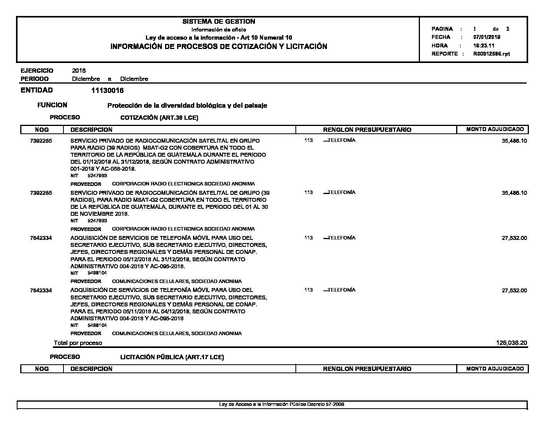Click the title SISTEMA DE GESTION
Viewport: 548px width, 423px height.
(x=219, y=21)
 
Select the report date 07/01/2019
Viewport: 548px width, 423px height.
(x=487, y=37)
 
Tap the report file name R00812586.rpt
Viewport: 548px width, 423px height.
(x=491, y=54)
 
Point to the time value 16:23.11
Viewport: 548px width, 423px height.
(x=484, y=45)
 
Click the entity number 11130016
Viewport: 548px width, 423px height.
(x=107, y=91)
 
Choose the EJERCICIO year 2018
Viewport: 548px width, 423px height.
(x=79, y=70)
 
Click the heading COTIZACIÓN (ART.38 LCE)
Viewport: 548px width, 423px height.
(x=159, y=118)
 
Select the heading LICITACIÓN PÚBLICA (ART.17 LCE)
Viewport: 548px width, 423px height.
(x=172, y=357)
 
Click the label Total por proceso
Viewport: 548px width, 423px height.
(x=78, y=343)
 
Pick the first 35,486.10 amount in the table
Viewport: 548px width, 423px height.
(x=514, y=141)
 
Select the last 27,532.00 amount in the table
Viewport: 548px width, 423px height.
(x=514, y=290)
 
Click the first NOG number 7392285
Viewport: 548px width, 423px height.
(x=41, y=141)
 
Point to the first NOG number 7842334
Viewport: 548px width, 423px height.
(x=41, y=238)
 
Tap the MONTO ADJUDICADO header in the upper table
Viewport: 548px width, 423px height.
(x=495, y=129)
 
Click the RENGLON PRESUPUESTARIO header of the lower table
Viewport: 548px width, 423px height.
(x=367, y=369)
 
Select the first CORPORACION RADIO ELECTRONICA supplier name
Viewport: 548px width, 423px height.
(x=183, y=184)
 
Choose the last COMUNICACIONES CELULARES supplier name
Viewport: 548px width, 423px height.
(x=176, y=334)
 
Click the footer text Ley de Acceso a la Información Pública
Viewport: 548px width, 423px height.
(x=281, y=404)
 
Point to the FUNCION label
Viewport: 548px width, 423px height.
(x=52, y=105)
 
